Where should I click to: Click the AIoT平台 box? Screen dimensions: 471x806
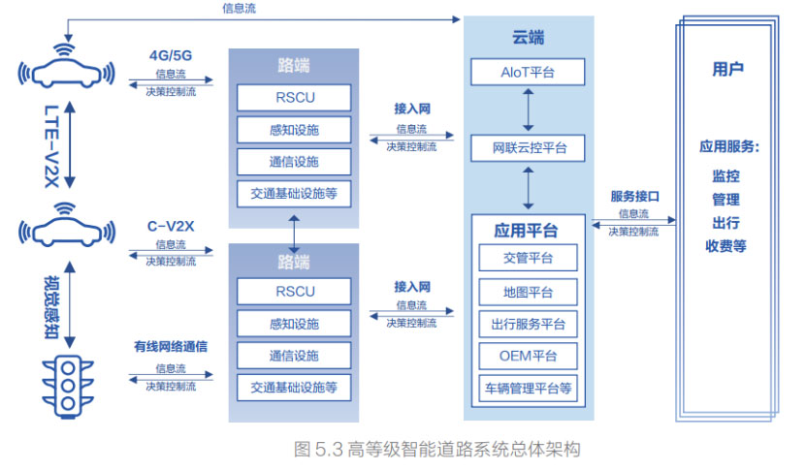(528, 72)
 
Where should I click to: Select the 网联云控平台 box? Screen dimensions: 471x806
(528, 148)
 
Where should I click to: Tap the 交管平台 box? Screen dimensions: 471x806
(528, 257)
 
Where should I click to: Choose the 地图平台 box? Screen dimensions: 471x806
(528, 292)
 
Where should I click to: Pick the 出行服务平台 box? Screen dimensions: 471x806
(528, 324)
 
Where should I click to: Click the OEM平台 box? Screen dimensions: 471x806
(528, 356)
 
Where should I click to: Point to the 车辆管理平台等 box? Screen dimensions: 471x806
(528, 389)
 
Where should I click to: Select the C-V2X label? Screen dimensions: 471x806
(171, 226)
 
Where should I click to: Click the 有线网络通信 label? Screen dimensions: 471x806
(171, 346)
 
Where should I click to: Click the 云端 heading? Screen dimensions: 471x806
(528, 38)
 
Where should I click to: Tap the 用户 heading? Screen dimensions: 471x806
(727, 69)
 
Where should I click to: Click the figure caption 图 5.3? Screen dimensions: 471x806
(436, 449)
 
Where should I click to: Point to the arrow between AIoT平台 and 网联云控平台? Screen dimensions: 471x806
(528, 110)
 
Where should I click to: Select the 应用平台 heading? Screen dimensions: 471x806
(526, 231)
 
